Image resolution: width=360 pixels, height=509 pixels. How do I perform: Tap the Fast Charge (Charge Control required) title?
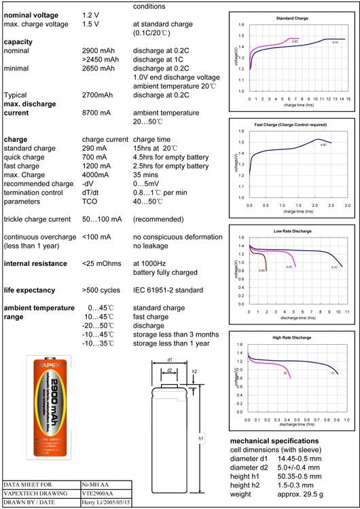pos(294,125)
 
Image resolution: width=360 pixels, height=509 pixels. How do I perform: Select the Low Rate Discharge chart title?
pos(293,231)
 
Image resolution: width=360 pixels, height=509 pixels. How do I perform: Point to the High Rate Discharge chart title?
pos(293,337)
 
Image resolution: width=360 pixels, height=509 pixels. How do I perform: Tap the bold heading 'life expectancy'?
pos(33,290)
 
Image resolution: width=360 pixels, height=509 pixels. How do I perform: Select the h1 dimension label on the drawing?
pos(201,439)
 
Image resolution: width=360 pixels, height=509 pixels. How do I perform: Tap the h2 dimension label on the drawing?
pos(195,371)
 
